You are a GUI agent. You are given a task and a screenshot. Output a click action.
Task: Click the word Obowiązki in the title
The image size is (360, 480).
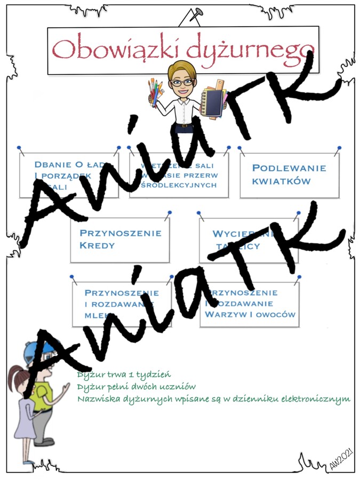pyautogui.click(x=114, y=49)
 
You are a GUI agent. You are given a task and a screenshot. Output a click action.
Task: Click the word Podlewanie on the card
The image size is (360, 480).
pyautogui.click(x=289, y=168)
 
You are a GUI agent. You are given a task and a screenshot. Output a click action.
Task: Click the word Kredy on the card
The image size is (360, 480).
pyautogui.click(x=97, y=246)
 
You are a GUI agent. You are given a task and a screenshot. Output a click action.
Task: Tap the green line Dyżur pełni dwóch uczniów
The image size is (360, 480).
pyautogui.click(x=137, y=387)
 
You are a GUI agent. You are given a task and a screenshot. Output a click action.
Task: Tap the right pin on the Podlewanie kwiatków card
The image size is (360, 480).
pyautogui.click(x=339, y=148)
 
